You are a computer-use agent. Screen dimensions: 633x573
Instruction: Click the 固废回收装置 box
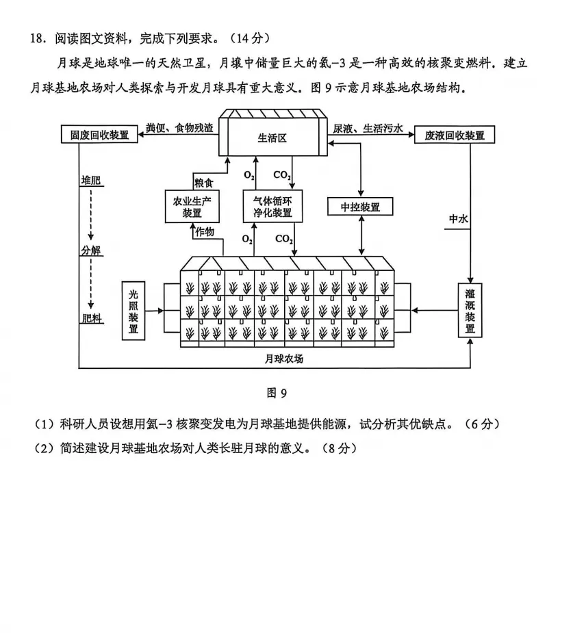click(x=95, y=135)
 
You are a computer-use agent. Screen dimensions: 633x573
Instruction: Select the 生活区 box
click(x=272, y=137)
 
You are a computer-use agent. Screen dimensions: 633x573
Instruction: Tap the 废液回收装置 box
click(x=455, y=135)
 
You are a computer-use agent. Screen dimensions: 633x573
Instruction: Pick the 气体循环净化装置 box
click(x=272, y=206)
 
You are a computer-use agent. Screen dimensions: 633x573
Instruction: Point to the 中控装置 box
click(x=361, y=207)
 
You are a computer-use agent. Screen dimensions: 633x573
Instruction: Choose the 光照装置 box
click(x=133, y=310)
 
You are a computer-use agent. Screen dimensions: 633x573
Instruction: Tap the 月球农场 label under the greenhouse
click(x=283, y=358)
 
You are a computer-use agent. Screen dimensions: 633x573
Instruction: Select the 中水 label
click(x=458, y=220)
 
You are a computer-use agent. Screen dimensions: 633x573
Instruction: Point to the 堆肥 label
click(x=90, y=181)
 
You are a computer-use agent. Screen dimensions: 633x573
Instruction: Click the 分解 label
click(x=90, y=250)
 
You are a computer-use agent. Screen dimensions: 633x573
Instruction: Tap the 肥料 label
click(x=91, y=319)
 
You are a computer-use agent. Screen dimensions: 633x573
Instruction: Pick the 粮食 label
click(x=204, y=183)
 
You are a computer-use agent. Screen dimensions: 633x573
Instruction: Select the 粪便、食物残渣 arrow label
click(x=179, y=128)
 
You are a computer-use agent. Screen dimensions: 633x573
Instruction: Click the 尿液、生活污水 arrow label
click(x=368, y=128)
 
